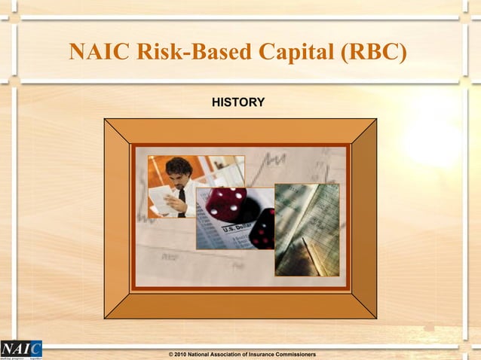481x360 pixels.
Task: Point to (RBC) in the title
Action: [x=376, y=52]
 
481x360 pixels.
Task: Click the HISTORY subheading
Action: [x=237, y=102]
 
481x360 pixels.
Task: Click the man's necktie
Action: [x=182, y=202]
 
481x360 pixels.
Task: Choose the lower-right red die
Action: [x=263, y=229]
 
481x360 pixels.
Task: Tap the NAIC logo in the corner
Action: [x=21, y=349]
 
